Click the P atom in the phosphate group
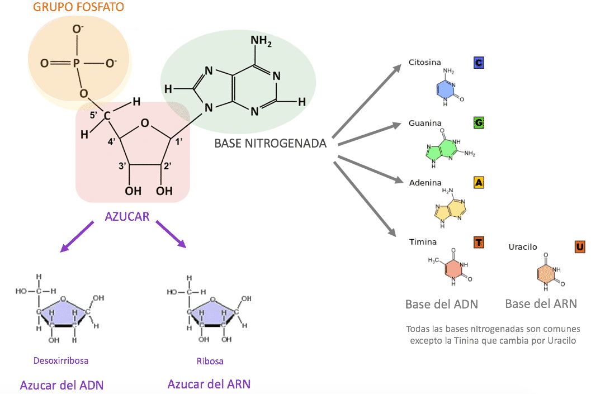coord(77,63)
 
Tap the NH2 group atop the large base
coord(261,41)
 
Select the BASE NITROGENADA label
coord(270,144)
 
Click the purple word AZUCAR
coord(127,216)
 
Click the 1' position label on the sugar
coord(179,141)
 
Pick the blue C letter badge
coord(478,63)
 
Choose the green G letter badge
coord(478,122)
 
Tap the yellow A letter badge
coord(479,182)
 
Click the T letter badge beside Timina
coord(479,243)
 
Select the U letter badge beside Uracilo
coord(580,246)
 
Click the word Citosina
coord(424,62)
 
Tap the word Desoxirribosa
coord(60,360)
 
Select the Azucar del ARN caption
coord(209,384)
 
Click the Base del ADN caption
coord(441,305)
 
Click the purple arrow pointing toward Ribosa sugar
coord(170,234)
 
